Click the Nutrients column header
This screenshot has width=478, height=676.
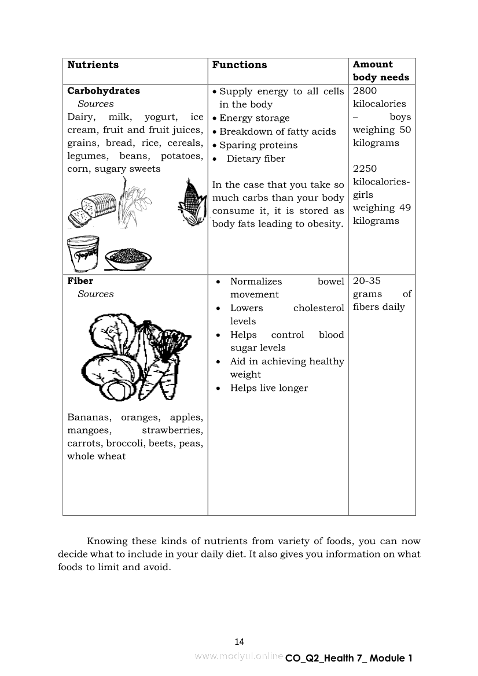93,65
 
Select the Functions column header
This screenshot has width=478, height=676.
240,65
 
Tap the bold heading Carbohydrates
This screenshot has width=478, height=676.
104,91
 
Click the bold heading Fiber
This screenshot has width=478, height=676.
80,281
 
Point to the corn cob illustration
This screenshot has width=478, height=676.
193,202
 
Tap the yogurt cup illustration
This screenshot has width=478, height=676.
84,253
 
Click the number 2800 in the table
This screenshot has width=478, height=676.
365,91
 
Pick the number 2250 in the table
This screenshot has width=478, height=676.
365,169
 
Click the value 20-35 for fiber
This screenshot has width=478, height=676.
367,281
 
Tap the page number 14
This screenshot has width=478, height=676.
240,641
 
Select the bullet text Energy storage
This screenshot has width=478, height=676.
255,118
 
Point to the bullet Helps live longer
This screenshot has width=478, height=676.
269,388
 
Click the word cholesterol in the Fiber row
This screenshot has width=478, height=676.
319,308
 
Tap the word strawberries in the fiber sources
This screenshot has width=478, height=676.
172,430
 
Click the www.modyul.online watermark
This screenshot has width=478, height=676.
239,656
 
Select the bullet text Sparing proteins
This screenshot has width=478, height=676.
258,145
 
